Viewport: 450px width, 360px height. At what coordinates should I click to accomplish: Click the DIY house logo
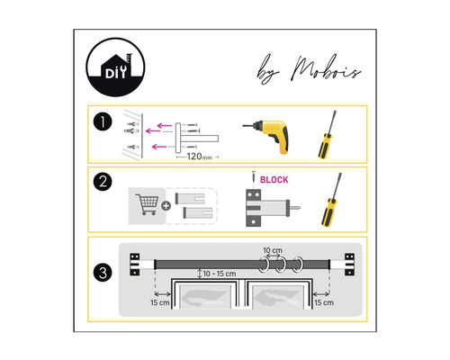115,67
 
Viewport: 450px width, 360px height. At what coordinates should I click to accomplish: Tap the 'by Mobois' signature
309,69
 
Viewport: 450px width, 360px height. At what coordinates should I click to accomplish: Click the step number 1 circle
103,121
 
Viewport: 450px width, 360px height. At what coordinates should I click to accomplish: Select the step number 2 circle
103,182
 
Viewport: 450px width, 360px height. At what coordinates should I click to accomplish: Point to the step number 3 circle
103,273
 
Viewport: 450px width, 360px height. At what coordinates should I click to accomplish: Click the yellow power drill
267,136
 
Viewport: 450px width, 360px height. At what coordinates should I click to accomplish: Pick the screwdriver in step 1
327,135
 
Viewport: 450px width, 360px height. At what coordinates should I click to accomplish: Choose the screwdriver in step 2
331,199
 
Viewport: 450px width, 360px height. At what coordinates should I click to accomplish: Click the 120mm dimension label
199,157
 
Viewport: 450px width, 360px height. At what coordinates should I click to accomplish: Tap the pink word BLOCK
274,180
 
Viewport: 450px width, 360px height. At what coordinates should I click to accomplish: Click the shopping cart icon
147,203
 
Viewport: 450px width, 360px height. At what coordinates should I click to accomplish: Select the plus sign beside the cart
166,206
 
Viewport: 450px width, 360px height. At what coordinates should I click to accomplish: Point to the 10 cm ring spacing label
273,250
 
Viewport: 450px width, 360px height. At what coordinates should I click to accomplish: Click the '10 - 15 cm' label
220,274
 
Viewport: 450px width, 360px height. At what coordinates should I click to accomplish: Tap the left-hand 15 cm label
160,302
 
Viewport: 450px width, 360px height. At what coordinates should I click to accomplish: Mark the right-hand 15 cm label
324,302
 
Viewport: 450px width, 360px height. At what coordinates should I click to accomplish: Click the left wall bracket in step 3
135,265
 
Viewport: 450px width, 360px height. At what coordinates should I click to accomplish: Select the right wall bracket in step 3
349,265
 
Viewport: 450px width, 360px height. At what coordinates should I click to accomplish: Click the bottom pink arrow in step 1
159,147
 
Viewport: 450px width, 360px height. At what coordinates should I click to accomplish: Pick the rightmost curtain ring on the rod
298,265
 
